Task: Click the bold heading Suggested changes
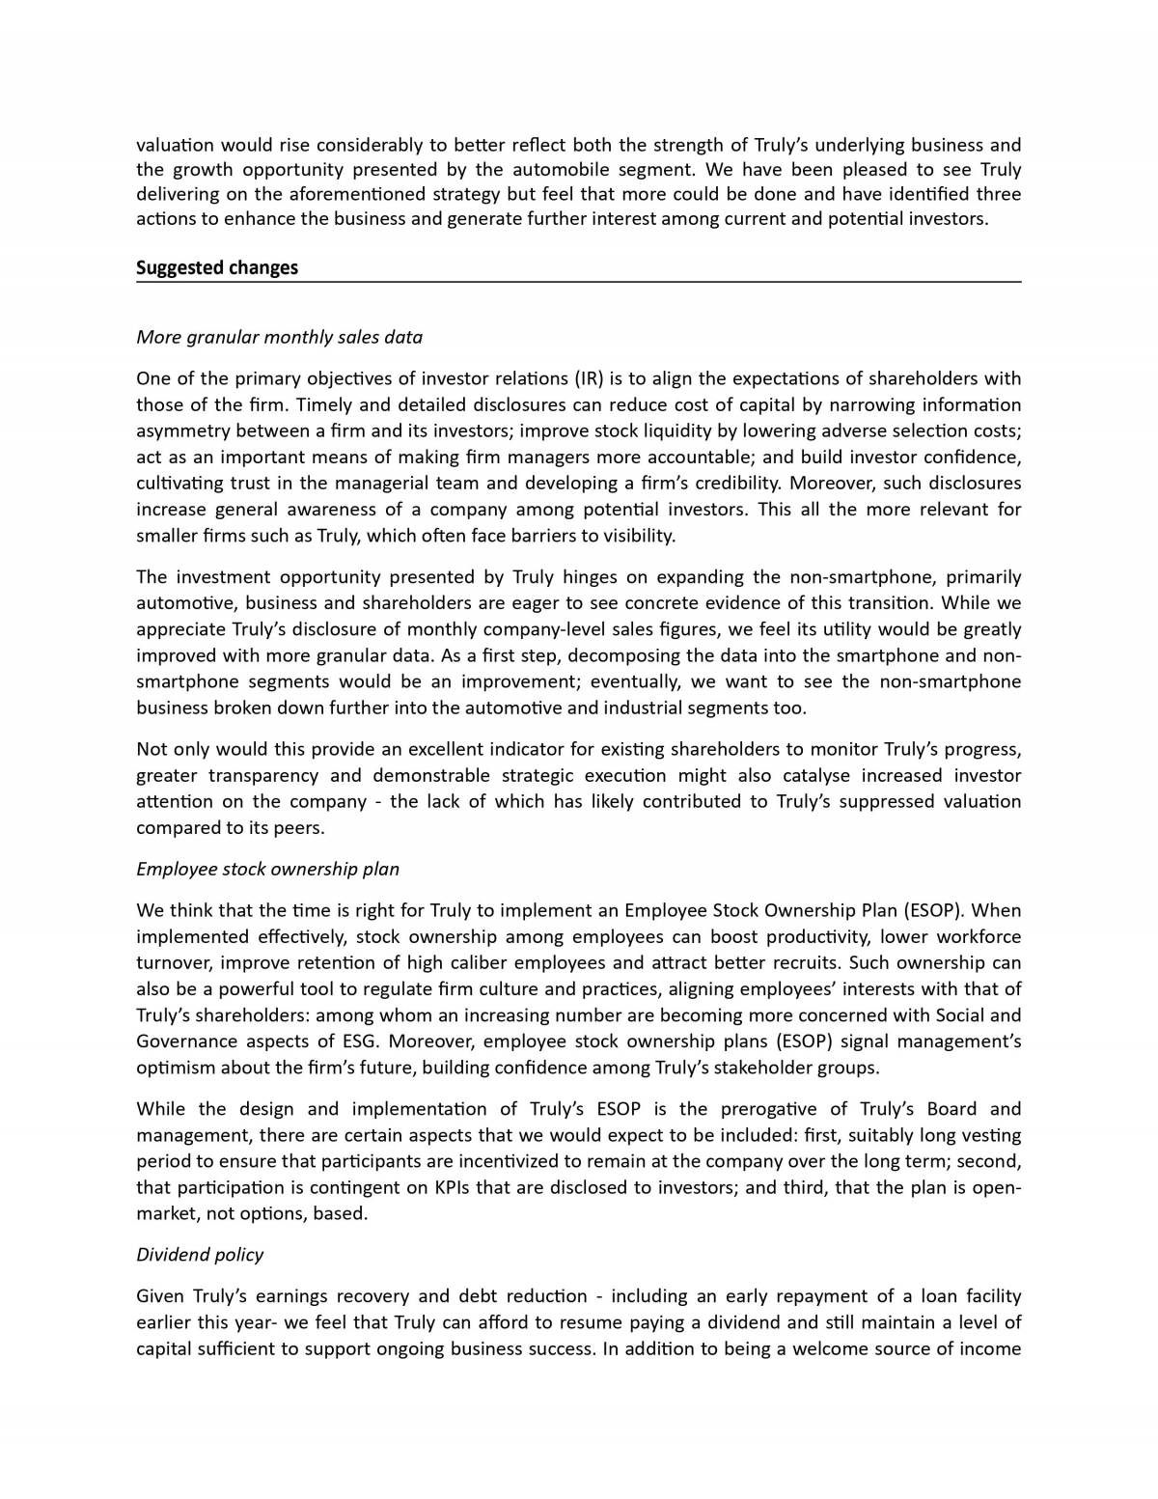pos(217,267)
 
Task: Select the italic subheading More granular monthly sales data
pos(279,337)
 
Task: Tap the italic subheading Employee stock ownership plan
pos(267,869)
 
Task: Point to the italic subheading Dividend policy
pos(200,1254)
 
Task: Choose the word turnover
pos(174,962)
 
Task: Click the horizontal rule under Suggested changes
pos(578,282)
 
